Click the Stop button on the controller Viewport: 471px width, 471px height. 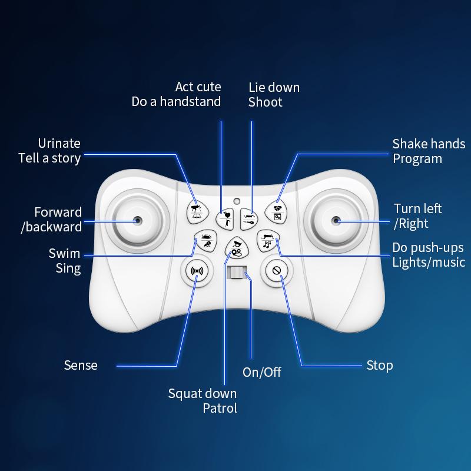pyautogui.click(x=276, y=270)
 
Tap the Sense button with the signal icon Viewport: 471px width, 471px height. pyautogui.click(x=197, y=271)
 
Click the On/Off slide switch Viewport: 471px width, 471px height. pyautogui.click(x=237, y=272)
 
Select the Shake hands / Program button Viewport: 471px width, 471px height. pyautogui.click(x=276, y=212)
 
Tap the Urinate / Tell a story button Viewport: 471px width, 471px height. pyautogui.click(x=197, y=212)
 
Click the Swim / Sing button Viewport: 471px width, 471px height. pyautogui.click(x=205, y=240)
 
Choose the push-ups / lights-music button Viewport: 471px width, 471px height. pyautogui.click(x=268, y=240)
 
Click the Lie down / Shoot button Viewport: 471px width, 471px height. pyautogui.click(x=249, y=219)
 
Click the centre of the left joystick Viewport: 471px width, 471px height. pyautogui.click(x=138, y=221)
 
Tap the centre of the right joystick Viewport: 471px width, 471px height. pyautogui.click(x=336, y=221)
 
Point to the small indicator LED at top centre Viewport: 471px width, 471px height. pyautogui.click(x=237, y=201)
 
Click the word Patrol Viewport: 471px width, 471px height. pyautogui.click(x=220, y=408)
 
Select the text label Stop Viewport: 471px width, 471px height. pyautogui.click(x=380, y=366)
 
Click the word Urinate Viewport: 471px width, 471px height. pyautogui.click(x=59, y=143)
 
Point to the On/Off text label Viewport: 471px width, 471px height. pyautogui.click(x=262, y=372)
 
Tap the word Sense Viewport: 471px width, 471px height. pyautogui.click(x=81, y=365)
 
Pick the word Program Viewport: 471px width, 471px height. pyautogui.click(x=417, y=159)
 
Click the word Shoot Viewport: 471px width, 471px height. pyautogui.click(x=266, y=102)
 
